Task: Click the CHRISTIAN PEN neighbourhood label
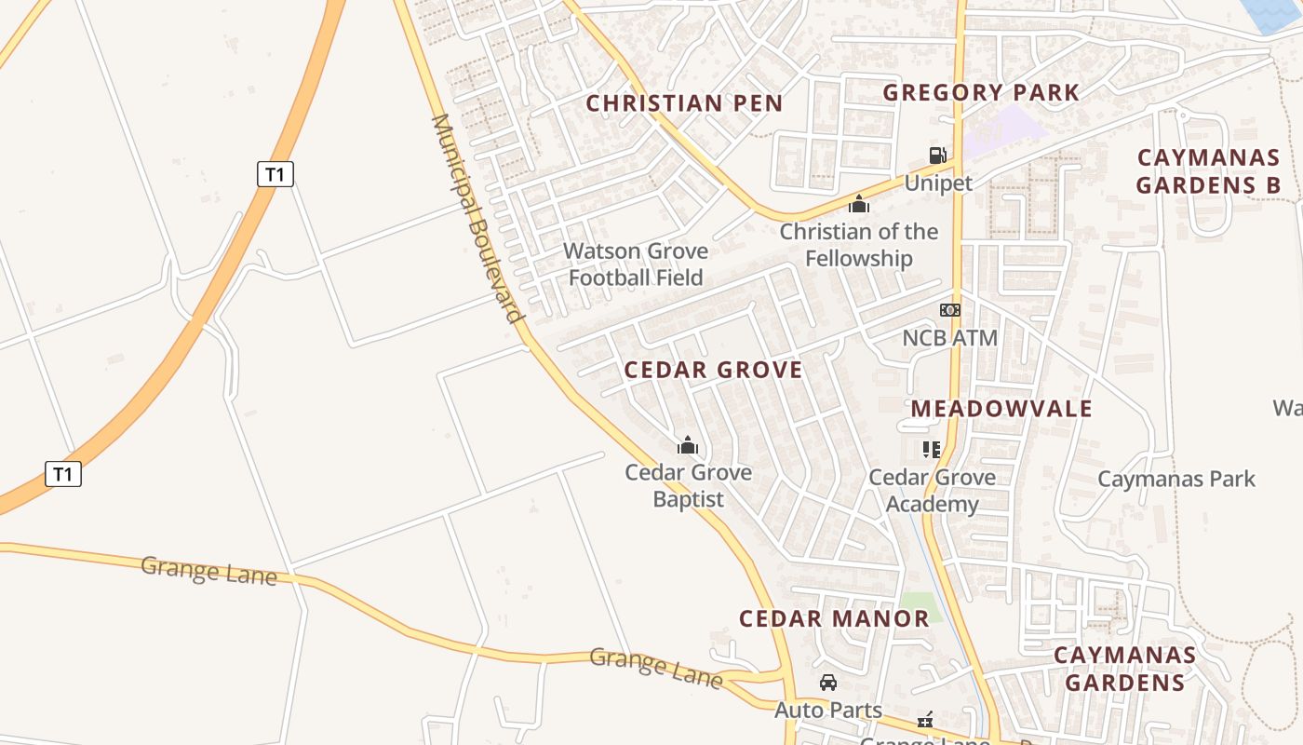coord(684,103)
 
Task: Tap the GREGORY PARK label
coord(981,92)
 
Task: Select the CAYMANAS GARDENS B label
coord(1208,170)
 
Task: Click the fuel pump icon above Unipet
coord(937,156)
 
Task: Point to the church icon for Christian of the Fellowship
coord(858,204)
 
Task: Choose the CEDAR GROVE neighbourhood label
coord(713,370)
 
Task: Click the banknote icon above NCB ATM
coord(949,310)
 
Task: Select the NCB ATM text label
coord(949,338)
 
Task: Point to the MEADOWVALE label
coord(1001,408)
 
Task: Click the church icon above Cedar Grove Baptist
coord(688,446)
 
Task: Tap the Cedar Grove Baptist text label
coord(688,485)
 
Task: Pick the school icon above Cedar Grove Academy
coord(932,450)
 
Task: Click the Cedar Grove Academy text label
coord(932,491)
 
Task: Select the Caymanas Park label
coord(1176,480)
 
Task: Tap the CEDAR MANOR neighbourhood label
coord(834,618)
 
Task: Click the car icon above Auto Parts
coord(827,684)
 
